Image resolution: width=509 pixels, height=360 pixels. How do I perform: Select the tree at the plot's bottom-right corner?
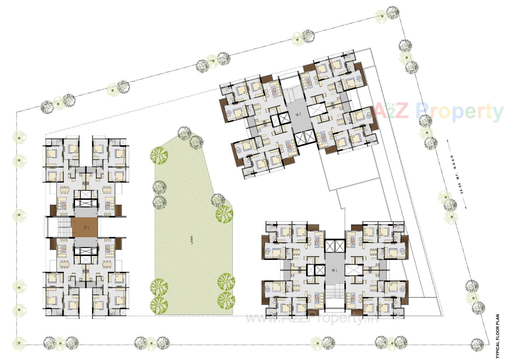pyautogui.click(x=478, y=342)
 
